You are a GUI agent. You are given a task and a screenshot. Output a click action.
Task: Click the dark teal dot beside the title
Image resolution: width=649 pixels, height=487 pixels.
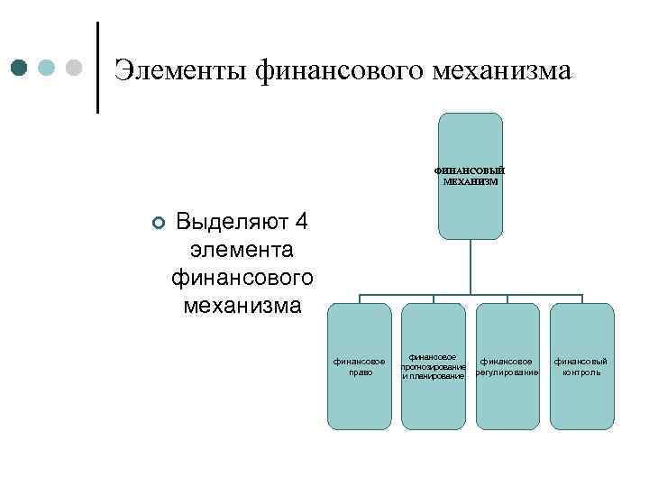tap(20, 69)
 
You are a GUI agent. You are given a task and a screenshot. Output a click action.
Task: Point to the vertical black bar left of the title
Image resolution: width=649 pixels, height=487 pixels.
tap(97, 67)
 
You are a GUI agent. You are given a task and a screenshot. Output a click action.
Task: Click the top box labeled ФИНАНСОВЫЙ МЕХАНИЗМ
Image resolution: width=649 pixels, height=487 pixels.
tap(470, 175)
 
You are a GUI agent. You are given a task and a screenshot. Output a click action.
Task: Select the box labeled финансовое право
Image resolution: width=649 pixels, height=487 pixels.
tap(360, 365)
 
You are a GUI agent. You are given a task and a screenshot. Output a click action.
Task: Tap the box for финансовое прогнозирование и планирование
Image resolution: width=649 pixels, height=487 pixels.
tap(434, 365)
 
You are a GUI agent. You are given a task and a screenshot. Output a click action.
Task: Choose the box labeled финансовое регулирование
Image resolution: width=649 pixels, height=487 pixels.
tap(507, 365)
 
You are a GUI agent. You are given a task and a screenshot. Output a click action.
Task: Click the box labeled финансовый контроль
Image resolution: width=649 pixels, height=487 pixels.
tap(580, 365)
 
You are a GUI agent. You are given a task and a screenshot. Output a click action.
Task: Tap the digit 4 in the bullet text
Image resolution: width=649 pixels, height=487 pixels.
tap(301, 221)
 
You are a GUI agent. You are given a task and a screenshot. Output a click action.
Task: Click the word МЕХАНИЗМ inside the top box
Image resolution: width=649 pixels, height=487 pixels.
tap(471, 181)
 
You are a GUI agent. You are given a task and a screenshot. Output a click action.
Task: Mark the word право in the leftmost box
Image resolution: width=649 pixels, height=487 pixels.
tap(360, 372)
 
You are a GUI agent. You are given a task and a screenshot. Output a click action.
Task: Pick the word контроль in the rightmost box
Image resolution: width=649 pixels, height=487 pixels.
tap(581, 372)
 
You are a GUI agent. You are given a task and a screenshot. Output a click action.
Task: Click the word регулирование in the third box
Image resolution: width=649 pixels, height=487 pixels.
tap(508, 372)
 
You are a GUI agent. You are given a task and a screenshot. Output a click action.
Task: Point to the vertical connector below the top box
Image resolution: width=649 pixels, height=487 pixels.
tap(470, 267)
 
